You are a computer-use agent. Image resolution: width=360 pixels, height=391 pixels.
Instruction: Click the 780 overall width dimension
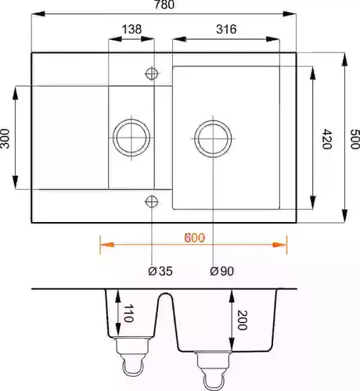[164, 5]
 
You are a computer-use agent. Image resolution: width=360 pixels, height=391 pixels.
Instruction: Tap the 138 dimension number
[131, 29]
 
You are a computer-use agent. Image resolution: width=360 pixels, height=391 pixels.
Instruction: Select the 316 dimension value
[226, 29]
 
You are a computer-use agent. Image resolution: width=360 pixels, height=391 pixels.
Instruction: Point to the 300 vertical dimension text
[5, 138]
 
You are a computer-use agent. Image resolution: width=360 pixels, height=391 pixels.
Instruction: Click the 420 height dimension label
[326, 138]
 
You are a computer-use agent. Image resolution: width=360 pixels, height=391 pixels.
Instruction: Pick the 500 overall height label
[355, 139]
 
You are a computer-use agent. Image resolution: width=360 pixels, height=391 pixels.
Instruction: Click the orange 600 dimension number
[195, 238]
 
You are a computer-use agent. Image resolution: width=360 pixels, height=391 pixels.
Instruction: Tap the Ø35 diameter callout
[160, 271]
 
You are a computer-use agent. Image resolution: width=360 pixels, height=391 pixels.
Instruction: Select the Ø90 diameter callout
[221, 271]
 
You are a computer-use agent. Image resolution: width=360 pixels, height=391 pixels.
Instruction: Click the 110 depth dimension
[128, 314]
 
